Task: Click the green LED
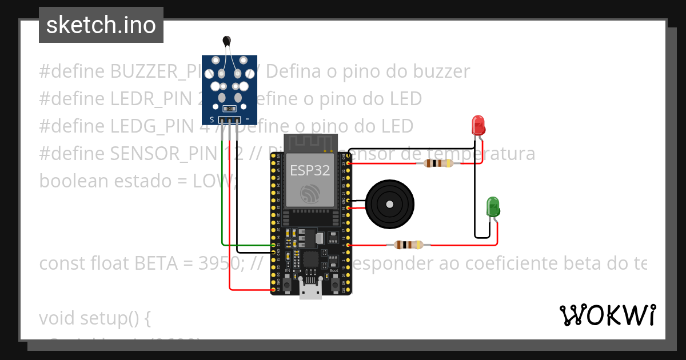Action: click(x=492, y=206)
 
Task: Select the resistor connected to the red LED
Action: click(x=437, y=163)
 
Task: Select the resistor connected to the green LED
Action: click(x=408, y=245)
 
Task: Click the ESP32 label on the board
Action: click(x=309, y=170)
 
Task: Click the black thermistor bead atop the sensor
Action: click(x=227, y=41)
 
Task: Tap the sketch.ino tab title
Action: click(x=101, y=25)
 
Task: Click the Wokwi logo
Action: click(x=607, y=315)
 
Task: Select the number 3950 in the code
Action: click(x=217, y=263)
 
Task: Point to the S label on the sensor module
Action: click(x=212, y=119)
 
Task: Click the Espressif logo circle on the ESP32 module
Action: click(x=309, y=194)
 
